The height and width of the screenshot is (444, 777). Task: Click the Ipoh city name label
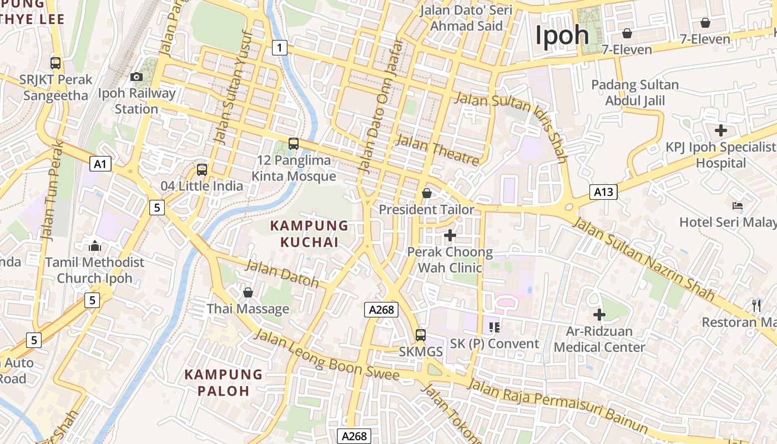pos(562,36)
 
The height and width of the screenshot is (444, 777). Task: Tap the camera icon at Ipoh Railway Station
pos(136,77)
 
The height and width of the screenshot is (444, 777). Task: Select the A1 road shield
pos(100,164)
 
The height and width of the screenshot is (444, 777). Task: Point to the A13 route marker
pos(603,192)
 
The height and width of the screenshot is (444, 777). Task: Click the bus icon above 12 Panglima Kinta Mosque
pos(294,144)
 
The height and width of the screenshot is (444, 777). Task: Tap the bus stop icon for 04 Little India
pos(202,170)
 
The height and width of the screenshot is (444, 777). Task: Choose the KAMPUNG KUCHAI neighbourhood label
pos(309,234)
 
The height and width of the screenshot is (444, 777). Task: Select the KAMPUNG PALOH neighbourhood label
pos(224,382)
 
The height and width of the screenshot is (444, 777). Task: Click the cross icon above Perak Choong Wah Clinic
pos(450,235)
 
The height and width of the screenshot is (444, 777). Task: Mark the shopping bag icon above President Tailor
pos(427,193)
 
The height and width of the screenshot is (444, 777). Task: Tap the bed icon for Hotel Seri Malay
pos(738,206)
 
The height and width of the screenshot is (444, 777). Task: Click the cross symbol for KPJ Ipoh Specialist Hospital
pos(721,131)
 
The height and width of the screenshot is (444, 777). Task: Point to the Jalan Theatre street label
pos(437,150)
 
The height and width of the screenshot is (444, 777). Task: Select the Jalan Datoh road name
pos(282,273)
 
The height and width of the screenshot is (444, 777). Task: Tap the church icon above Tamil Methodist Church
pos(95,245)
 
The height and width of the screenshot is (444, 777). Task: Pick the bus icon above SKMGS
pos(421,335)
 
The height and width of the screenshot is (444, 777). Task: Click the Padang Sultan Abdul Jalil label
pos(635,93)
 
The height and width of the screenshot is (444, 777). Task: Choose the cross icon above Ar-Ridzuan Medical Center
pos(599,315)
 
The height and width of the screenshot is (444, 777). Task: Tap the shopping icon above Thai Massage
pos(248,292)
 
